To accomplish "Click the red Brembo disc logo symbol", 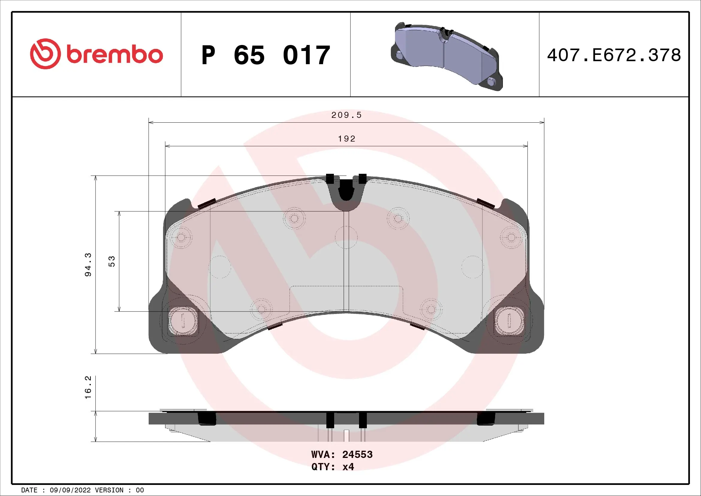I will pos(45,54).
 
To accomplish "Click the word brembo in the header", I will pos(114,55).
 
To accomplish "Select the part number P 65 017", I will pos(266,55).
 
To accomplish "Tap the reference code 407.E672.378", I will pos(614,55).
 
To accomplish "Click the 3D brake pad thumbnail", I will pos(446,56).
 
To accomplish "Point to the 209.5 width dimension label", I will pos(346,115).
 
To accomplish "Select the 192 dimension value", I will pos(346,139).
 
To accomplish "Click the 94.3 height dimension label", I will pos(88,264).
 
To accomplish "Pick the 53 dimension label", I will pos(112,261).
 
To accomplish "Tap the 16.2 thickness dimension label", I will pos(88,387).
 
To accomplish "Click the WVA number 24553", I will pos(357,454).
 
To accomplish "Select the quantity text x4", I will pos(348,467).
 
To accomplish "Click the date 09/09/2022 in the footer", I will pos(70,490).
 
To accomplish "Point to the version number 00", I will pos(140,490).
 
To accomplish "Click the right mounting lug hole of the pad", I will pos(509,321).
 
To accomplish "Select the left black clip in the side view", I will pos(207,418).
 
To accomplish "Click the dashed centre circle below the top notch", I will pos(346,237).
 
